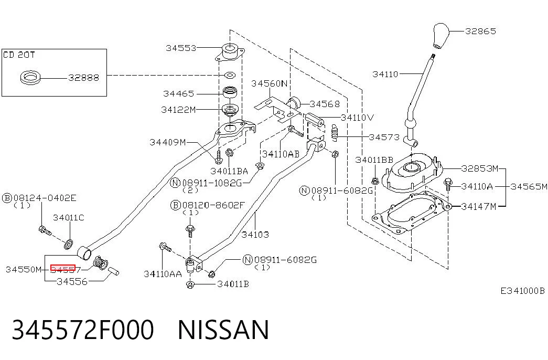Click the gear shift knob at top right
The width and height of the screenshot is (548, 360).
(441, 35)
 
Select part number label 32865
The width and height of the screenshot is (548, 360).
(480, 31)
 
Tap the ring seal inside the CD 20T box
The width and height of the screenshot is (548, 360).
(31, 77)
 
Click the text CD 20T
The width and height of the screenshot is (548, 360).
(19, 55)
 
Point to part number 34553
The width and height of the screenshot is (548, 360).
(181, 48)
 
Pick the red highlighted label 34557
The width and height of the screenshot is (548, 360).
(63, 268)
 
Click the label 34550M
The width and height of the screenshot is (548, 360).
(24, 269)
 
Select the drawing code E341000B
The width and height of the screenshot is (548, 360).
(522, 291)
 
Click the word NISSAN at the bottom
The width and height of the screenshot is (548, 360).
(223, 330)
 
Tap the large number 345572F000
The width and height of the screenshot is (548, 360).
(83, 330)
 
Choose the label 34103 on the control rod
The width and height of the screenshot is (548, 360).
(255, 235)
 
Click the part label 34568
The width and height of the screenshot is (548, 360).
(325, 104)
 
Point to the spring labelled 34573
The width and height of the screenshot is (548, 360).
(335, 133)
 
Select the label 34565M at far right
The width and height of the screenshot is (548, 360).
(529, 186)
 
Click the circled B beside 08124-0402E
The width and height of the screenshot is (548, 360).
(7, 198)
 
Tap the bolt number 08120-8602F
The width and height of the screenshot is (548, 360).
(213, 205)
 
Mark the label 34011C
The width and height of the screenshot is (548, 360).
(69, 218)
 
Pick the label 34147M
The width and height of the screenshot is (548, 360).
(479, 207)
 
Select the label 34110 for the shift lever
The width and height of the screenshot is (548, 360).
(385, 74)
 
